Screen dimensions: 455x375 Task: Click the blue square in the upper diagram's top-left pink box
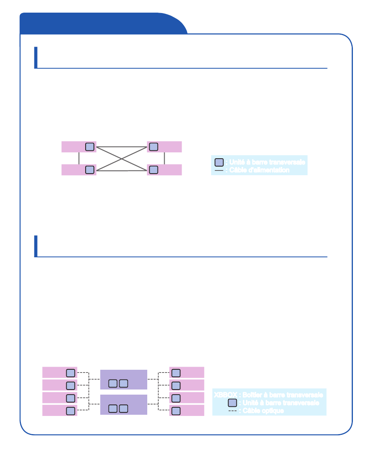pos(90,147)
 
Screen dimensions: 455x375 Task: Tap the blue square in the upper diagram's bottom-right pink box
pos(154,170)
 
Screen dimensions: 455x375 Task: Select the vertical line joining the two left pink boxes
pos(79,158)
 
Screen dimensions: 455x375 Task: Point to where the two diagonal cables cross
pos(122,159)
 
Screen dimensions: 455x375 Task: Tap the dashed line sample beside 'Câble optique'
pos(233,411)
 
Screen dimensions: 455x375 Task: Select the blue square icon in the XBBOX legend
pos(233,403)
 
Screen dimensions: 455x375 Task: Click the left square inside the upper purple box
pos(113,383)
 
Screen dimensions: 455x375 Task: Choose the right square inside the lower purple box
pos(123,408)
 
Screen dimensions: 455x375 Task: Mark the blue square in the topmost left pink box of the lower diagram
pos(70,373)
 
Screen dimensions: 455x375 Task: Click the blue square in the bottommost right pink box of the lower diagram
pos(176,411)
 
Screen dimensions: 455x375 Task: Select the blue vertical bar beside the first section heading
pos(36,57)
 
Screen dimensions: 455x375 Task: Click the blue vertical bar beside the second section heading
pos(36,246)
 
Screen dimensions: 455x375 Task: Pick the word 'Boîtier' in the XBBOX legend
pos(252,395)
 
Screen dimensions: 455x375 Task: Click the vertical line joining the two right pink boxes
pos(164,158)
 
